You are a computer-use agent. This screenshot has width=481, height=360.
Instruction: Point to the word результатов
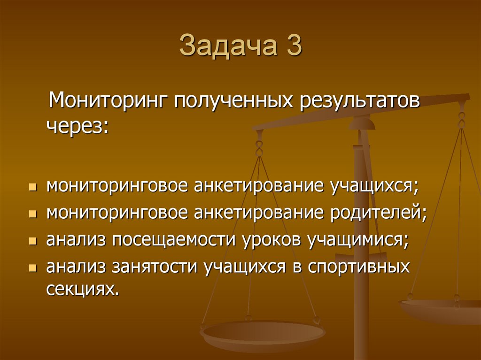357,100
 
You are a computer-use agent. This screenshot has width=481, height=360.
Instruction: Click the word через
76,126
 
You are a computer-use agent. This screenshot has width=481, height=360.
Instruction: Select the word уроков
273,240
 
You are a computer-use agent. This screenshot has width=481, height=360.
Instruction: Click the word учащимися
358,240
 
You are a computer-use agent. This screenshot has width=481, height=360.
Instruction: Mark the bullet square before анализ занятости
32,268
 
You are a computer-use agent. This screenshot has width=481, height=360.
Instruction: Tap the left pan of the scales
263,334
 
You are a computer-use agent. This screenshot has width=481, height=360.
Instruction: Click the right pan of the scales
442,310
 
